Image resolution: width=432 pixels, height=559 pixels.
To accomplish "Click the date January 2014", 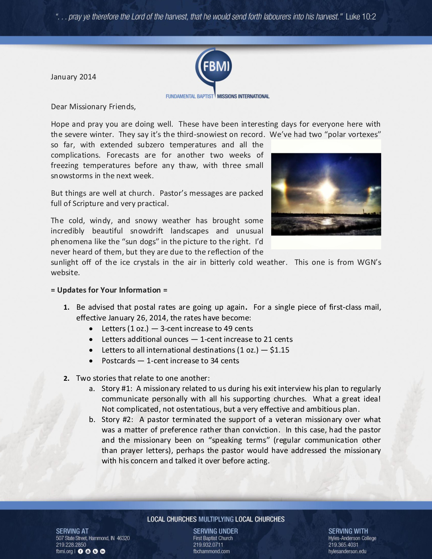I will pyautogui.click(x=73, y=77).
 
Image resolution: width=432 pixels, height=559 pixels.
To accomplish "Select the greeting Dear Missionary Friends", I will pyautogui.click(x=93, y=106).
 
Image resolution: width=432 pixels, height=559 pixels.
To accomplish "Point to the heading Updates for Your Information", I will pyautogui.click(x=109, y=290).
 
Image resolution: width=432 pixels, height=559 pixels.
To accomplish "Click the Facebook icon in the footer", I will pyautogui.click(x=80, y=551).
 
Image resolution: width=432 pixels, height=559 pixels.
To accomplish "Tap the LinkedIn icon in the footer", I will pyautogui.click(x=103, y=551).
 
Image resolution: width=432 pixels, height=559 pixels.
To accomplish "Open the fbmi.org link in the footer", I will pyautogui.click(x=64, y=551).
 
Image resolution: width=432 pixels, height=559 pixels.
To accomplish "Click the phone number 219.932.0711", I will pyautogui.click(x=208, y=545).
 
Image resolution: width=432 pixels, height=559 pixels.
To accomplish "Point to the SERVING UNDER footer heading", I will pyautogui.click(x=216, y=531).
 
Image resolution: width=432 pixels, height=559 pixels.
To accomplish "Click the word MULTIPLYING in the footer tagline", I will pyautogui.click(x=216, y=519).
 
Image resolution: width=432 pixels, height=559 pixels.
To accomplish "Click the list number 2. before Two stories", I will pyautogui.click(x=66, y=378).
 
